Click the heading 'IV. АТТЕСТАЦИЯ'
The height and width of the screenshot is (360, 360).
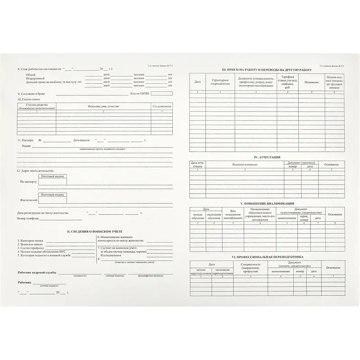pos(267,157)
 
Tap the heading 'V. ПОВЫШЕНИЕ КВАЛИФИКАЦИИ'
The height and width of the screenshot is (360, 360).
pos(267,203)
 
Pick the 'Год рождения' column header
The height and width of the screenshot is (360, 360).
pos(162,106)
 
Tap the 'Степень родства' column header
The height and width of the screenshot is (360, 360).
pos(36,107)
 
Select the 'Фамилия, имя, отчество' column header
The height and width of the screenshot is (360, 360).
pos(103,106)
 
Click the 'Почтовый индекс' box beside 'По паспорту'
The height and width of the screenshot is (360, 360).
pos(53,179)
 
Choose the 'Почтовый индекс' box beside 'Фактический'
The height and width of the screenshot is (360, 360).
pos(53,197)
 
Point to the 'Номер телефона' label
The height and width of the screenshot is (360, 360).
pos(28,219)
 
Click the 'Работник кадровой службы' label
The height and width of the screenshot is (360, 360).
pos(37,273)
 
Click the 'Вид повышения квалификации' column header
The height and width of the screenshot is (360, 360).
pos(233,214)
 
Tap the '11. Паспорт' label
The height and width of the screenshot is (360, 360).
pos(26,141)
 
